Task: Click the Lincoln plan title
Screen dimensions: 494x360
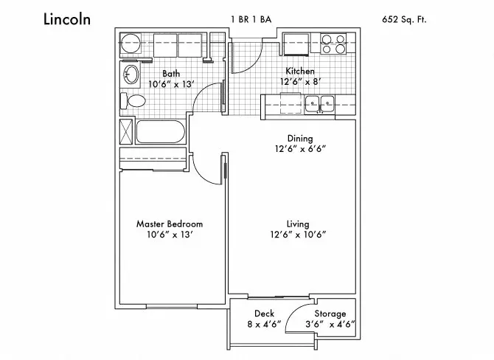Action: click(67, 19)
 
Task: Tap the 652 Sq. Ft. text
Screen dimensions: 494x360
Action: click(404, 19)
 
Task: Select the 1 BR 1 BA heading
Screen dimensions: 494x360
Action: click(251, 19)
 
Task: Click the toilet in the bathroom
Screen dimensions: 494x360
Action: click(133, 100)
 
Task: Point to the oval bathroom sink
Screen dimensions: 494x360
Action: click(131, 75)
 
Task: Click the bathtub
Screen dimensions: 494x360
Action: click(160, 131)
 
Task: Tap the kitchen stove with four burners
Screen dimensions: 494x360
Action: click(333, 44)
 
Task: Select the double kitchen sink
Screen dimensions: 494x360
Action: click(319, 104)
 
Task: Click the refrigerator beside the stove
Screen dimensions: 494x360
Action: click(296, 44)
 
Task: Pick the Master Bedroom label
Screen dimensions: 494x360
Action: click(170, 224)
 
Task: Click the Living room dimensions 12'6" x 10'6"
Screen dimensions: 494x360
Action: click(298, 235)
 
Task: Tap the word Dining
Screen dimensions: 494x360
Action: click(300, 139)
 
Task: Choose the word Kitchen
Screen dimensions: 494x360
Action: click(300, 71)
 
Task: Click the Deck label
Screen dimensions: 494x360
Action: click(265, 314)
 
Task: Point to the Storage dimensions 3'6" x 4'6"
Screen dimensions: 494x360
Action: click(330, 324)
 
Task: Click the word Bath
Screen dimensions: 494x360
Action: click(171, 74)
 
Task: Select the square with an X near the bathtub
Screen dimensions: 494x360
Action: click(126, 131)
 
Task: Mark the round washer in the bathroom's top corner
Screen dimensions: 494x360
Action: click(131, 44)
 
